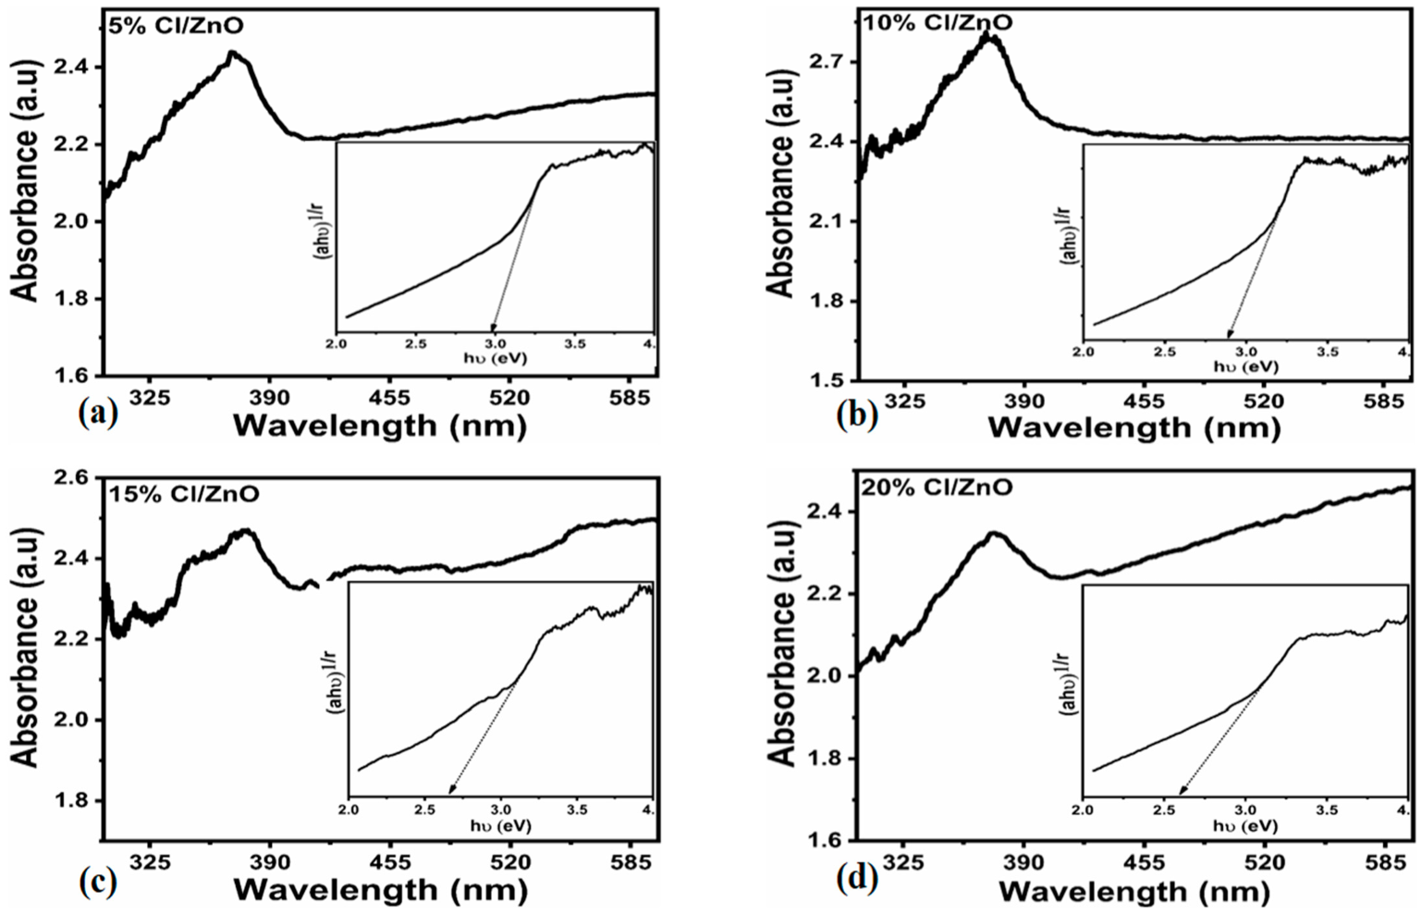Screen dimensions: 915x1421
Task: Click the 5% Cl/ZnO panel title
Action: pos(176,26)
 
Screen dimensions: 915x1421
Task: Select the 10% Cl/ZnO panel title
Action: pos(936,22)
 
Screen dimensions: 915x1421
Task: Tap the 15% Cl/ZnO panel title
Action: pos(184,494)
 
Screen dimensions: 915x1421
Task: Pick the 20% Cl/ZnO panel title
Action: pos(937,487)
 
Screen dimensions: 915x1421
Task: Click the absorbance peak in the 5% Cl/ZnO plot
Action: pos(233,54)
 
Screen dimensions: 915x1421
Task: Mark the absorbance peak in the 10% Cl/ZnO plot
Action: pos(987,36)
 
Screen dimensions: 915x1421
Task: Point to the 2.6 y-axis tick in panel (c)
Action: pos(72,478)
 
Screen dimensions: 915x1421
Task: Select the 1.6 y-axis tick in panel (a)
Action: pos(72,377)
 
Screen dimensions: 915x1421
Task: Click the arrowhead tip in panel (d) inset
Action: pos(1181,795)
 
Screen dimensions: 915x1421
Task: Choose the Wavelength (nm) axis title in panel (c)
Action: pos(380,890)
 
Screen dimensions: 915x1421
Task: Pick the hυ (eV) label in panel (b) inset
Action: pos(1245,367)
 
